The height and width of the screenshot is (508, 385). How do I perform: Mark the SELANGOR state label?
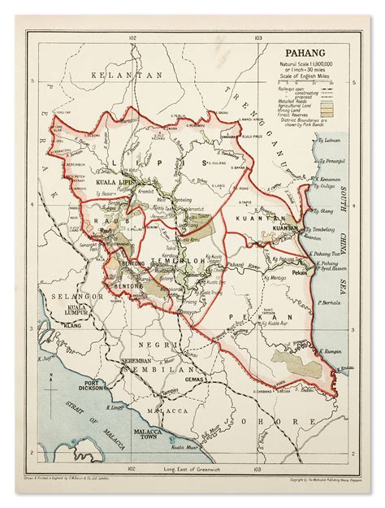[x=69, y=296]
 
